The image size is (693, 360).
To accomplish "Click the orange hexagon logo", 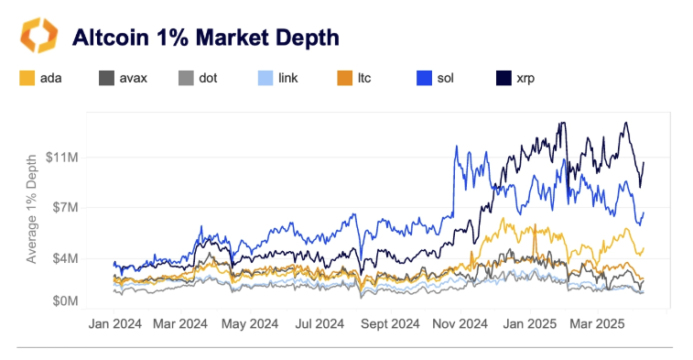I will click(x=38, y=37).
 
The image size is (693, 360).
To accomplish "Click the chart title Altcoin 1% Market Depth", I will click(x=205, y=38).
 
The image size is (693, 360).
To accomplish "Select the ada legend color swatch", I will click(x=27, y=78).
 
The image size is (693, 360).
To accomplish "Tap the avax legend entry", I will click(x=120, y=78).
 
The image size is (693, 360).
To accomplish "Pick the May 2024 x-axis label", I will click(x=251, y=323).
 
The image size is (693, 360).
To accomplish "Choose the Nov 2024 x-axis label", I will click(x=460, y=323).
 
